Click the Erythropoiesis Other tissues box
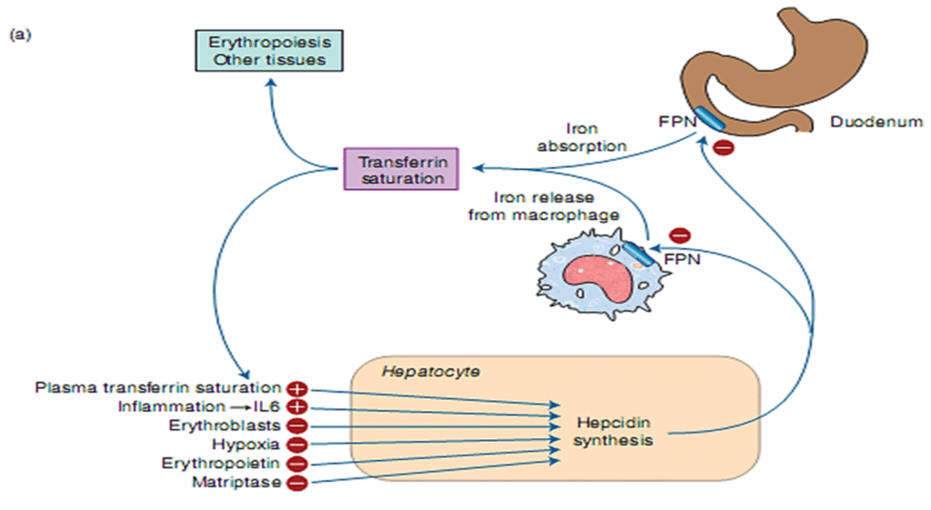tap(269, 51)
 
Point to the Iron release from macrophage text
tap(543, 206)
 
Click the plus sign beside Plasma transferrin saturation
tap(296, 389)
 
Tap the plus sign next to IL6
tap(296, 407)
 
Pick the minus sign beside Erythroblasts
tap(296, 425)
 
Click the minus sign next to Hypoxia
tap(296, 445)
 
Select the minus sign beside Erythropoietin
tap(296, 464)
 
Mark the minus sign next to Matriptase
tap(296, 483)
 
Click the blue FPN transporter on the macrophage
tap(636, 254)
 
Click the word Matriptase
tap(236, 483)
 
